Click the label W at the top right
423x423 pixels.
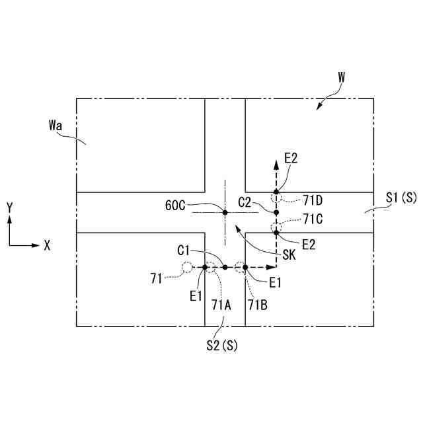[341, 77]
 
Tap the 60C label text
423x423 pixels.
[175, 205]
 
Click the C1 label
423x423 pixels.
[184, 250]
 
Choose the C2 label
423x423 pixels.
[245, 202]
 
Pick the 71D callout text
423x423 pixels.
[313, 198]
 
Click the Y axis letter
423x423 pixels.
[9, 208]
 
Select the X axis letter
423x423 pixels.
[47, 245]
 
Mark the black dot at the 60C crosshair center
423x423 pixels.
[225, 212]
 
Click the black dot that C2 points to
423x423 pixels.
[277, 212]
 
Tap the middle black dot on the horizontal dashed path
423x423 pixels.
[225, 268]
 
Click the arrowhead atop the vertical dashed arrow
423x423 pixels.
[277, 163]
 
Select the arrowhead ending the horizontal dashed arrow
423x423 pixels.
[271, 268]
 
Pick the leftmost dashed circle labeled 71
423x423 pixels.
[187, 268]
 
